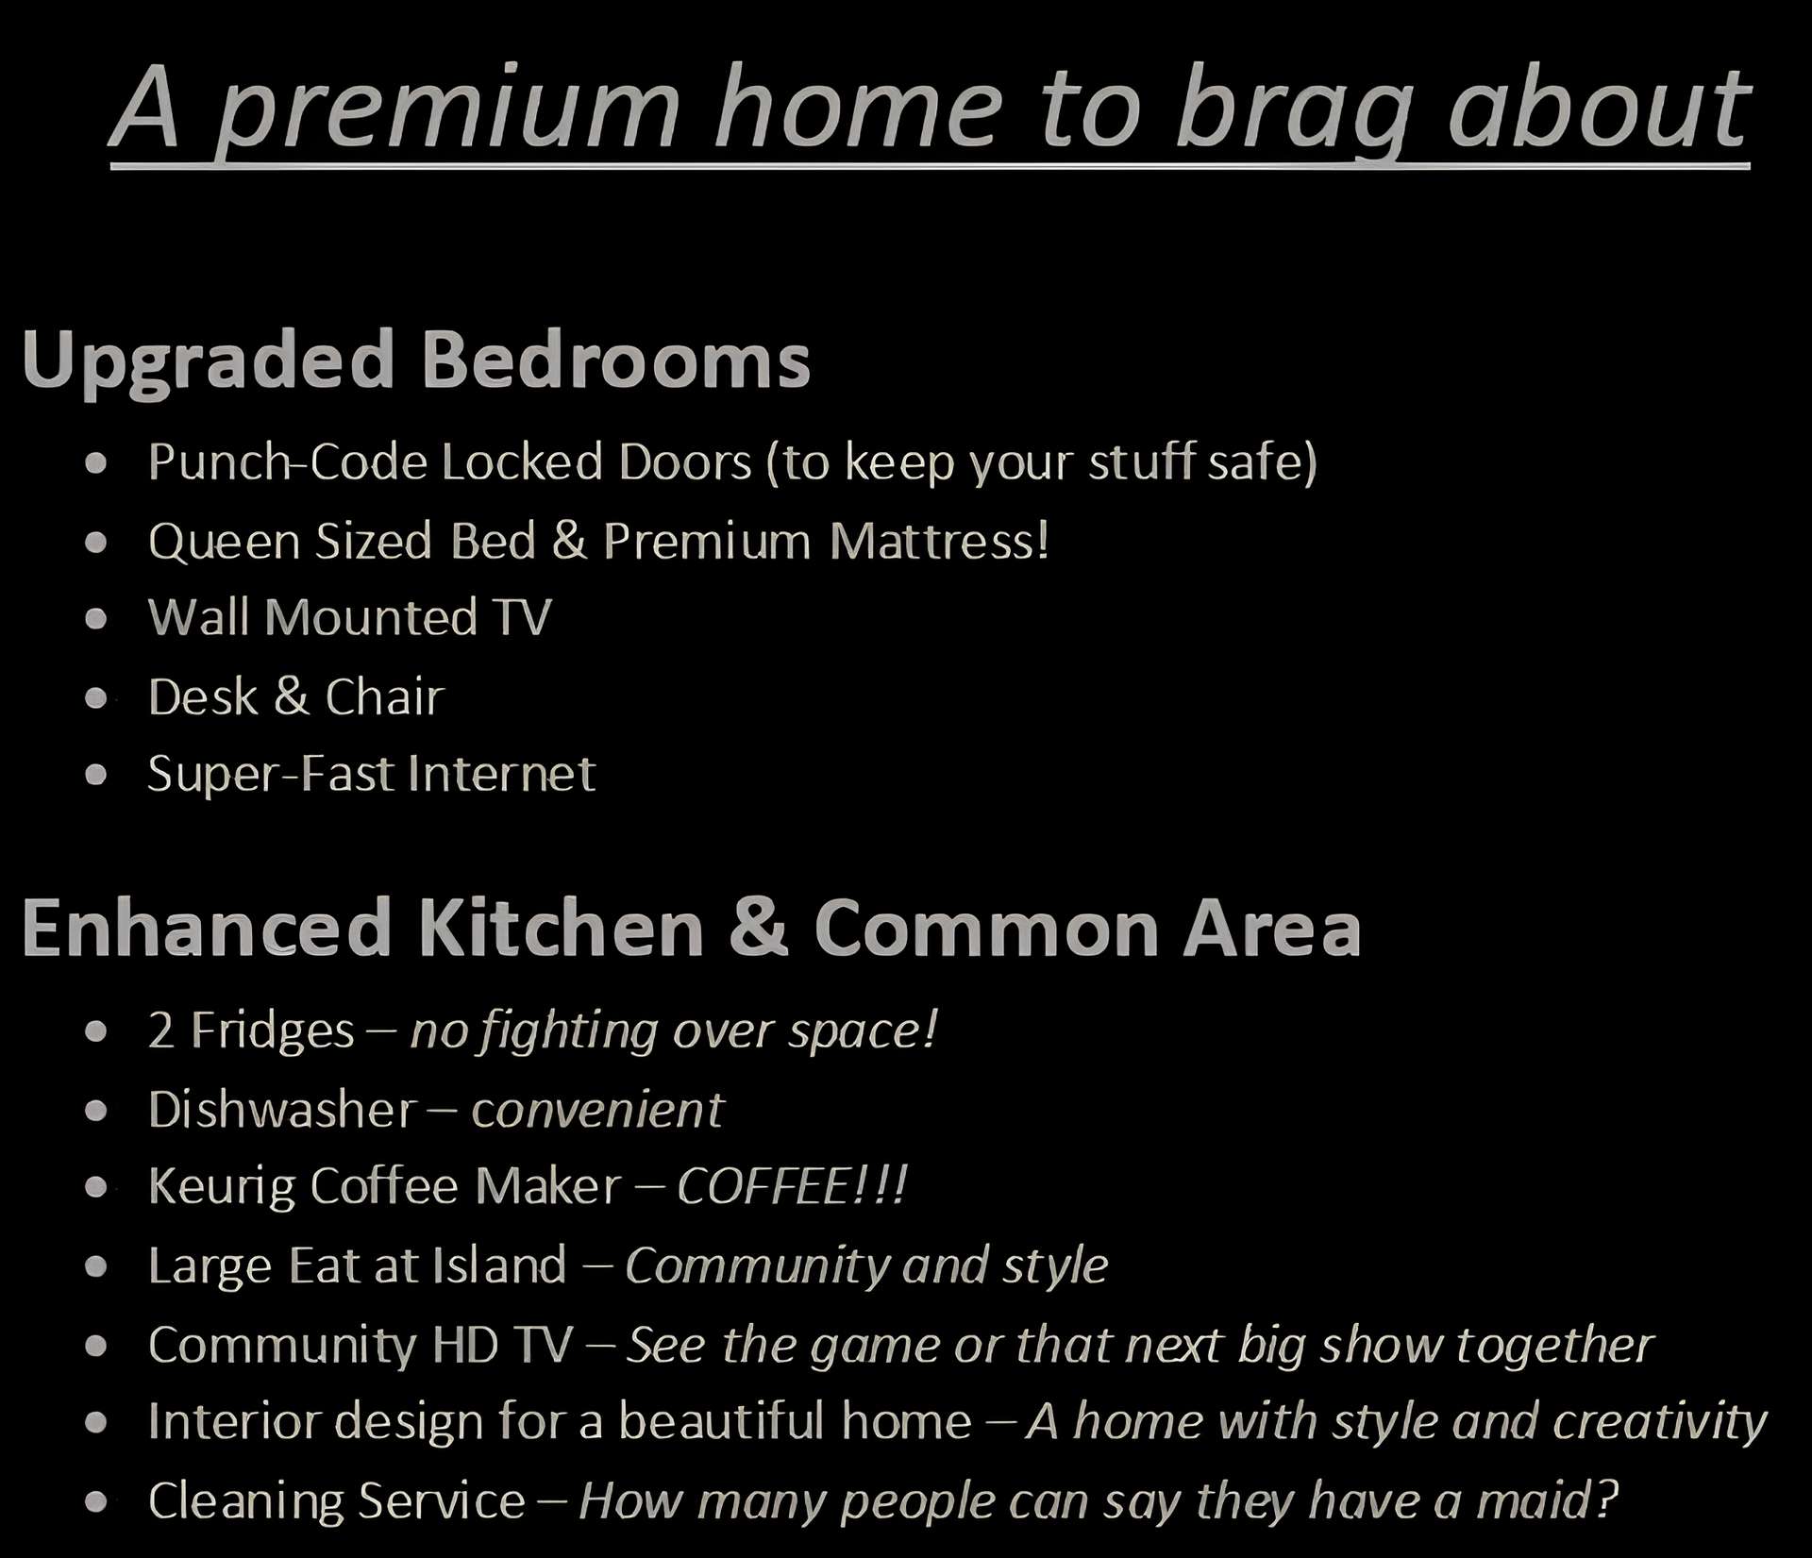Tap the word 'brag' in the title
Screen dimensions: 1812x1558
point(1292,109)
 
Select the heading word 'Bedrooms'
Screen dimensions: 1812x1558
point(615,359)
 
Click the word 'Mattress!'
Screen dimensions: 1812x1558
point(939,541)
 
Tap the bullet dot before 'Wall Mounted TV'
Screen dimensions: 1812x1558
point(95,620)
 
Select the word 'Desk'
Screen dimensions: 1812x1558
point(202,697)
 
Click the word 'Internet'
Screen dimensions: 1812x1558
point(502,774)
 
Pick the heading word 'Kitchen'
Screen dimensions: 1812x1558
point(561,928)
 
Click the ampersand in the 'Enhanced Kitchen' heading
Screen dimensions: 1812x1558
point(758,928)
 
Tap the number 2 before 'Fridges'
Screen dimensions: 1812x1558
point(160,1030)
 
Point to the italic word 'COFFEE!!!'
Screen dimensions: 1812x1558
point(792,1186)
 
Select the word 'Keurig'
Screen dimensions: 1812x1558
point(222,1188)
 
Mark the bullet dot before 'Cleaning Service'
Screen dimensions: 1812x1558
point(95,1502)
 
